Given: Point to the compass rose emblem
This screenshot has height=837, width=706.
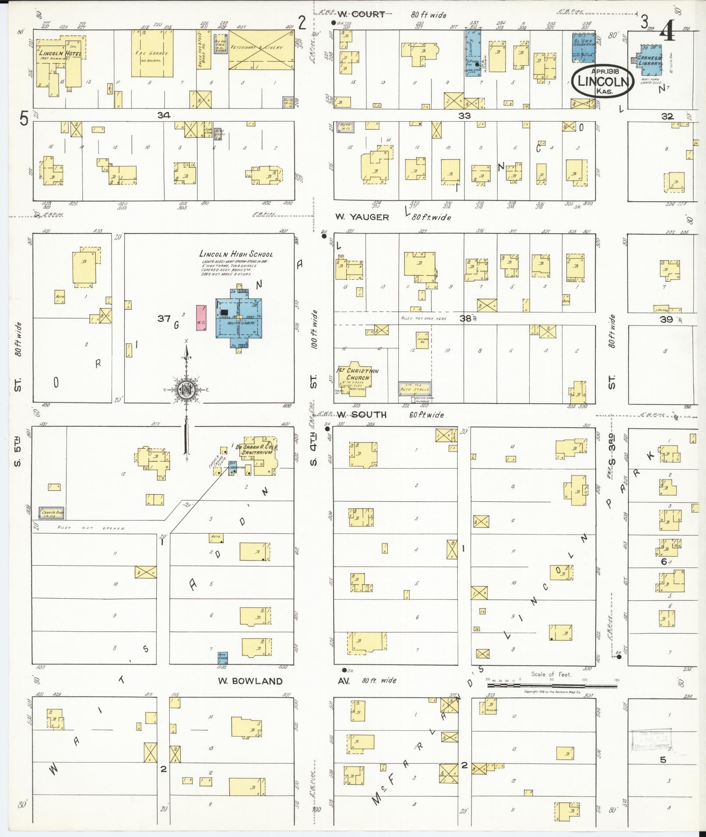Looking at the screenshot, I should click(186, 389).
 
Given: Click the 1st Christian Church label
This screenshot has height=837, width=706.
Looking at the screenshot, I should click(358, 375).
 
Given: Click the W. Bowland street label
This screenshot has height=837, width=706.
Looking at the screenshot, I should click(250, 681).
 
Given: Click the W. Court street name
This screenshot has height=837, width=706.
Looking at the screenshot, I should click(362, 14).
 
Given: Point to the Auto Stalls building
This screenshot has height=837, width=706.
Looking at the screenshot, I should click(414, 389).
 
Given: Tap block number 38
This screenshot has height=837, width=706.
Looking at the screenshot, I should click(465, 319).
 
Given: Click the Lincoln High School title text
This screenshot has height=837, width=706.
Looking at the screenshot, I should click(236, 254).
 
